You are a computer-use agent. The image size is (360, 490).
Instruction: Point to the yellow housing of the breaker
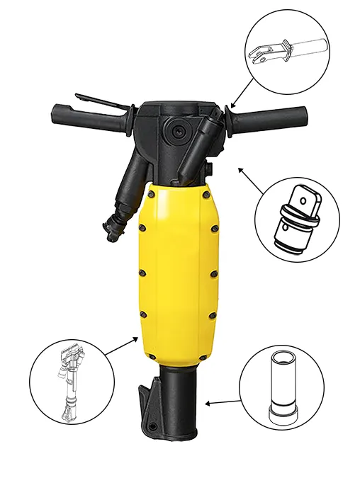177,276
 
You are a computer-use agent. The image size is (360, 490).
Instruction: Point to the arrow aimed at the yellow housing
120,346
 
